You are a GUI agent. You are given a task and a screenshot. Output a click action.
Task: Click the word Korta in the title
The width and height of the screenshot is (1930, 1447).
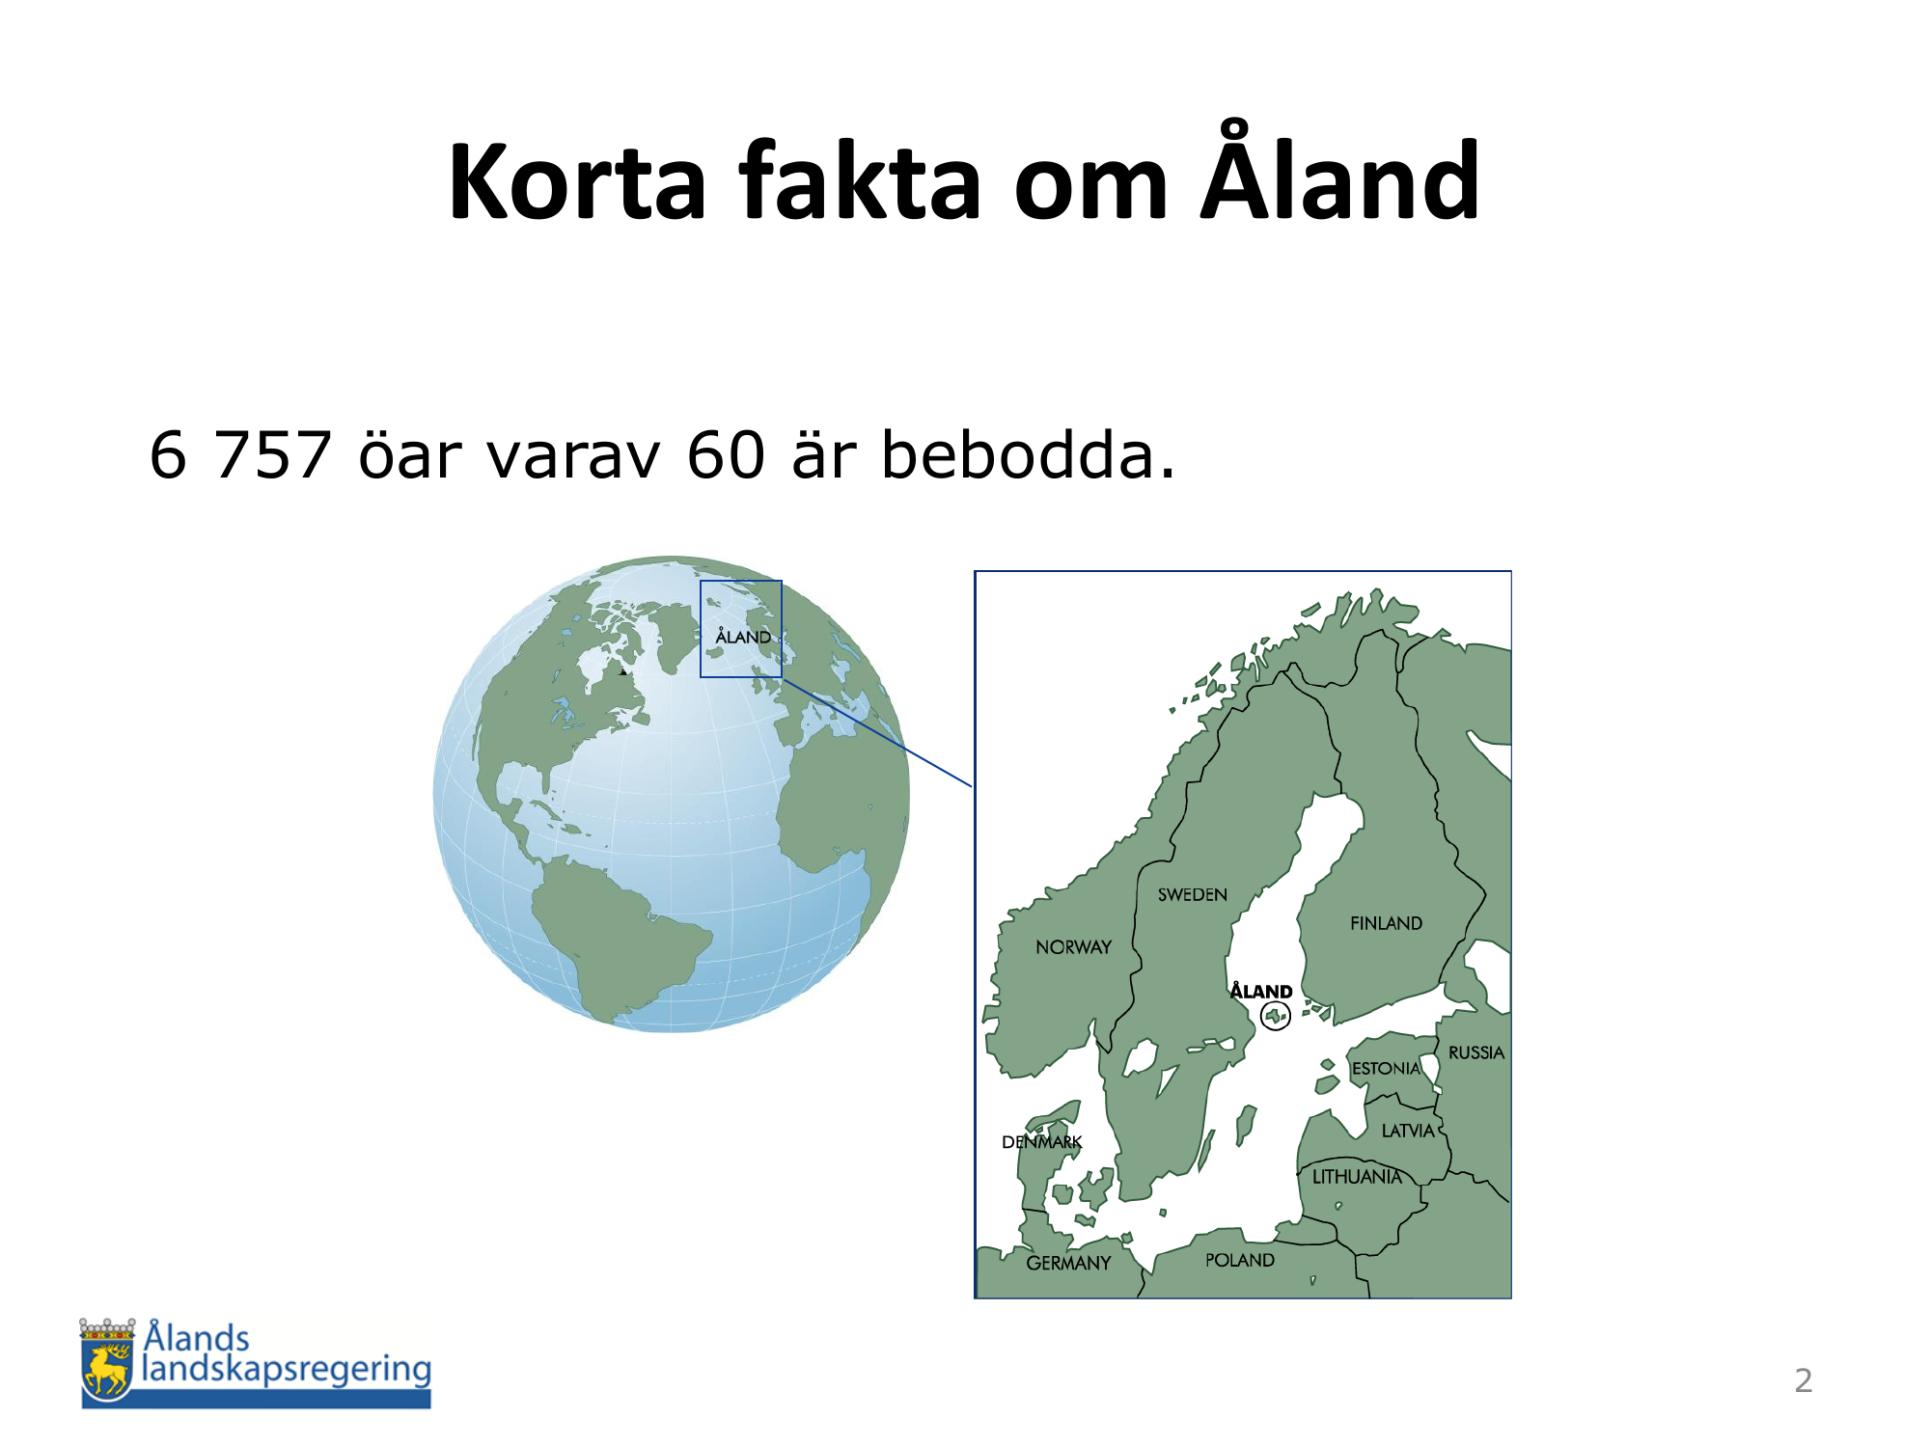[578, 181]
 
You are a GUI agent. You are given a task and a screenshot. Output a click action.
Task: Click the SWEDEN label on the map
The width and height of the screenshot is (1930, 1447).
[1193, 895]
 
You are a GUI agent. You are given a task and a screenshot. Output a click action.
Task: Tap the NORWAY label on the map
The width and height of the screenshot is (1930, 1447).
[1073, 947]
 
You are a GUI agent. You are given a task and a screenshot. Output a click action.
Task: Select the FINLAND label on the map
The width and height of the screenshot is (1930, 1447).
[1386, 923]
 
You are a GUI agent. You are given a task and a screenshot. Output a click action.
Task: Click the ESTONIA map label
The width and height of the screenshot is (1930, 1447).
[1386, 1069]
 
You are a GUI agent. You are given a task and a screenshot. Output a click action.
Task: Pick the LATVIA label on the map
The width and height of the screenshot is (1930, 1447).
[1408, 1131]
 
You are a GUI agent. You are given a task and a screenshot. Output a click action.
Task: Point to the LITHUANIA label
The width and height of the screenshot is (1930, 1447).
[1357, 1177]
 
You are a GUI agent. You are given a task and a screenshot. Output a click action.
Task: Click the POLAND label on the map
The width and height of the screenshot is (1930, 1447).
[1240, 1260]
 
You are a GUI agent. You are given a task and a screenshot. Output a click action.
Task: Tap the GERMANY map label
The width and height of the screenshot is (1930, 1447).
[1068, 1263]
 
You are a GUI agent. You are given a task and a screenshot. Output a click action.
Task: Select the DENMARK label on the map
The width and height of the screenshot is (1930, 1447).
[1042, 1142]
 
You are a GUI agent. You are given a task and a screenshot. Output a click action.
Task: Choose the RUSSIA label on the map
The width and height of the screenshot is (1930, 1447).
[1476, 1052]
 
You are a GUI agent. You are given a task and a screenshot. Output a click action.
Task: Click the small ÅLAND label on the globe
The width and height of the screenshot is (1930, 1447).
[743, 636]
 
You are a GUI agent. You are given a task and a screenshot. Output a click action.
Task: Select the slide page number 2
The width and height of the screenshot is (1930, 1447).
[1804, 1380]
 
